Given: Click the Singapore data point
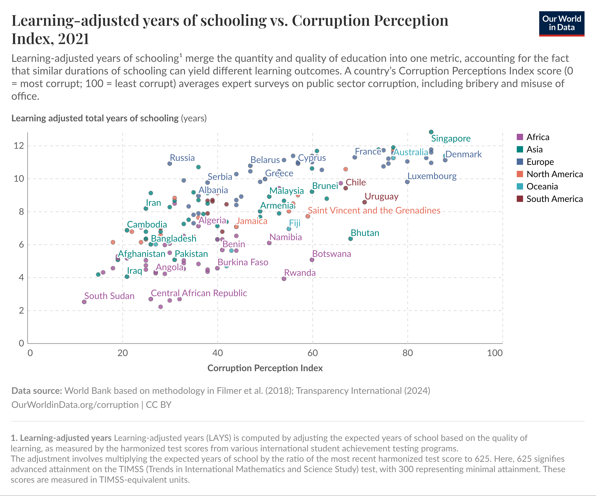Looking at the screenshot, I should pyautogui.click(x=431, y=132).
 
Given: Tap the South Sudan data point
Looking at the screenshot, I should pyautogui.click(x=84, y=302).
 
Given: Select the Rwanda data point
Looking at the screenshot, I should pyautogui.click(x=284, y=279).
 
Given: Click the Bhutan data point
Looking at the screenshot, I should pyautogui.click(x=351, y=239).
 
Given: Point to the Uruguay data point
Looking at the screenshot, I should pyautogui.click(x=365, y=202).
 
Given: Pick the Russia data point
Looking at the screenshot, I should pyautogui.click(x=170, y=163).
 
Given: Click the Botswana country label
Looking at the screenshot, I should pyautogui.click(x=331, y=254).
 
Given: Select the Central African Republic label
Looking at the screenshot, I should pyautogui.click(x=199, y=293).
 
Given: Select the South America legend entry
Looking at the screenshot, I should pyautogui.click(x=554, y=199).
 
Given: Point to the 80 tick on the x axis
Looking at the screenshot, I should pyautogui.click(x=408, y=353).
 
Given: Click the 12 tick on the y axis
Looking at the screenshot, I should pyautogui.click(x=19, y=146).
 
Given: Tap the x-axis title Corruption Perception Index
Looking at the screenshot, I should pyautogui.click(x=265, y=368).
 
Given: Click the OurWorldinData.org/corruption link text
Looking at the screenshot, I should pyautogui.click(x=75, y=405).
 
